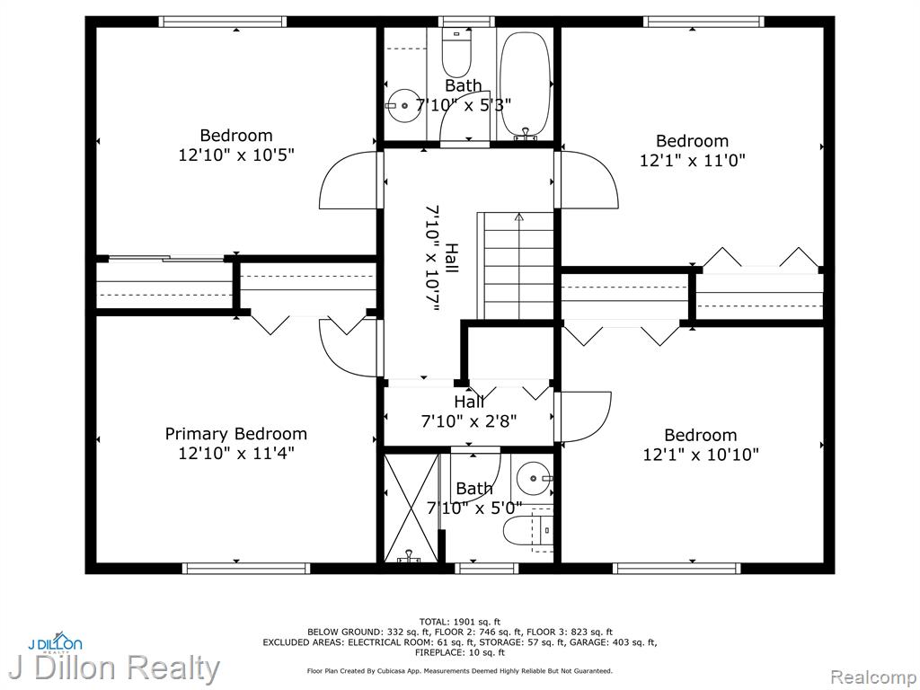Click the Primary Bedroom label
236,434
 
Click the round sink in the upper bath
403,106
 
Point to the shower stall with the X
411,508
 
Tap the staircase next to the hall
517,266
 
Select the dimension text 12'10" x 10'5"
236,155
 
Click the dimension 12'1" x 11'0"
693,160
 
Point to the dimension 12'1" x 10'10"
701,455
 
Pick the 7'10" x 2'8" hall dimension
469,421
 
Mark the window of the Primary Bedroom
246,568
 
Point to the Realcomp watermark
872,677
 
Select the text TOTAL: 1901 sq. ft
460,622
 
